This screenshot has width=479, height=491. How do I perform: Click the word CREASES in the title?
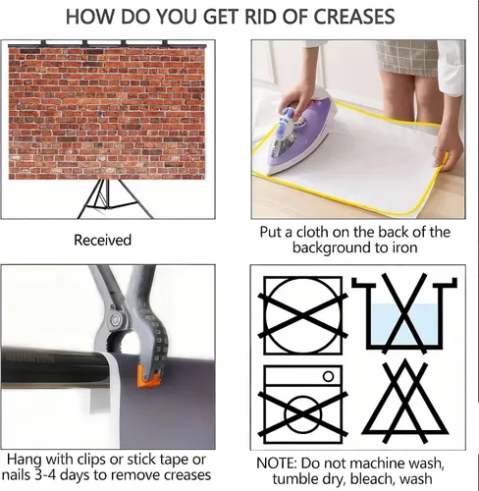(x=354, y=17)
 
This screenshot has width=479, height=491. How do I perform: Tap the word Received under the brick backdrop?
(x=102, y=240)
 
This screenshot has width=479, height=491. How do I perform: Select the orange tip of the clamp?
(x=148, y=377)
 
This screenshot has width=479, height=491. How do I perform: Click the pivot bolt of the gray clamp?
(x=115, y=320)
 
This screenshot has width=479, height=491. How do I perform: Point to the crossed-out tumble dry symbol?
(x=303, y=315)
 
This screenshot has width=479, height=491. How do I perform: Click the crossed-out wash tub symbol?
(x=404, y=313)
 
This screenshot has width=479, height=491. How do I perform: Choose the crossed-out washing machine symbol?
(x=303, y=405)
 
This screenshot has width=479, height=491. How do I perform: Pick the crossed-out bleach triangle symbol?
(x=404, y=402)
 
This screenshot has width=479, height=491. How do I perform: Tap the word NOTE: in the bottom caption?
(x=277, y=464)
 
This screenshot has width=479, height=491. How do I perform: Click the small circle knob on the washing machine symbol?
(x=329, y=376)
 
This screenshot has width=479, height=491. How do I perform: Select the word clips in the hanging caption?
(x=91, y=460)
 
